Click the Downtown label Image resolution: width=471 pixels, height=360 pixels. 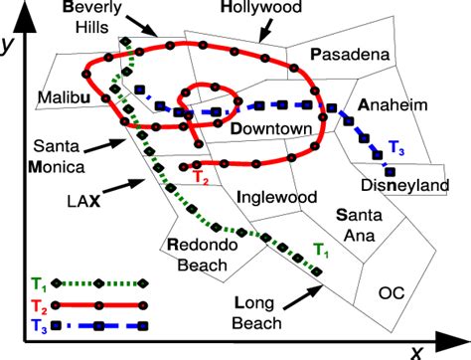click(x=272, y=129)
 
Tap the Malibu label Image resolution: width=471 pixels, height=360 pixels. click(x=67, y=96)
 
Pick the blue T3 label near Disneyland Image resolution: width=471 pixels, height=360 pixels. click(x=395, y=150)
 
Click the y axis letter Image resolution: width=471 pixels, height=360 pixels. click(x=10, y=45)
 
